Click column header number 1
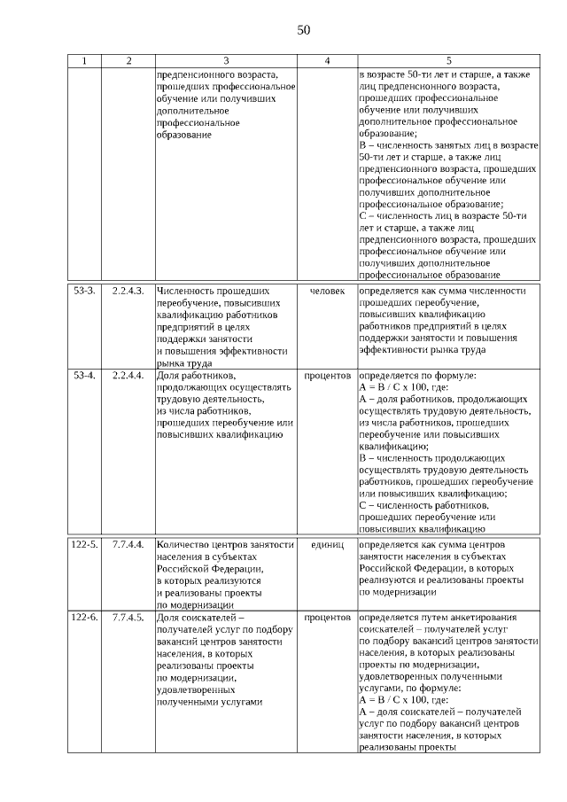[x=84, y=61]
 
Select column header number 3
[x=225, y=61]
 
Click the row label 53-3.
[x=84, y=291]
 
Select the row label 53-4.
[x=84, y=376]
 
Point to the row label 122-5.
[x=85, y=544]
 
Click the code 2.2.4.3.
[x=128, y=291]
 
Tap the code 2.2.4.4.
[x=128, y=376]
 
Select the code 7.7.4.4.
[x=128, y=544]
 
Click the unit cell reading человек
[x=327, y=291]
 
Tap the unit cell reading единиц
[x=327, y=544]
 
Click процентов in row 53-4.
[x=327, y=376]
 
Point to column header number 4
[x=327, y=61]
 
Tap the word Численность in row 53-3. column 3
[x=183, y=291]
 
